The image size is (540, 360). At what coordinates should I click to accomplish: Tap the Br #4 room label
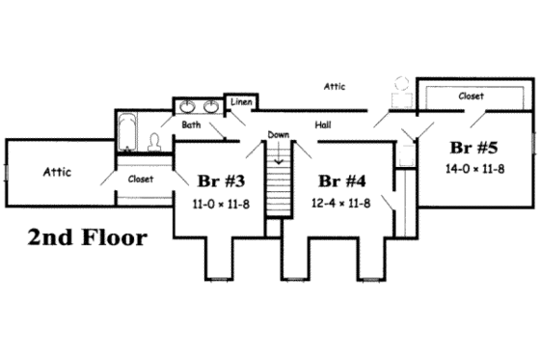click(342, 180)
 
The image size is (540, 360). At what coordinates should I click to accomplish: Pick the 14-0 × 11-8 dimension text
click(474, 169)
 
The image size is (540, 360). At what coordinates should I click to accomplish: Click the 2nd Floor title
click(88, 237)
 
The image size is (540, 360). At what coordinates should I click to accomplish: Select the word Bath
click(191, 125)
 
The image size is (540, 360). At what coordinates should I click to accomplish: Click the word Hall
click(323, 125)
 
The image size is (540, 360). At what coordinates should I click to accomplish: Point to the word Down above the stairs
click(279, 135)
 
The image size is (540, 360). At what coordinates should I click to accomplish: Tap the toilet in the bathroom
click(154, 142)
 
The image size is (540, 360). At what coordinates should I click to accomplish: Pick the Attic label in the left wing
click(59, 173)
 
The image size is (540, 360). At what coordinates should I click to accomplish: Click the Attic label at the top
click(334, 87)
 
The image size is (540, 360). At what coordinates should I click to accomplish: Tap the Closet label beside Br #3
click(141, 179)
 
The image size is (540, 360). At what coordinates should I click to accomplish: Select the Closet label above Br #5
click(471, 97)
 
